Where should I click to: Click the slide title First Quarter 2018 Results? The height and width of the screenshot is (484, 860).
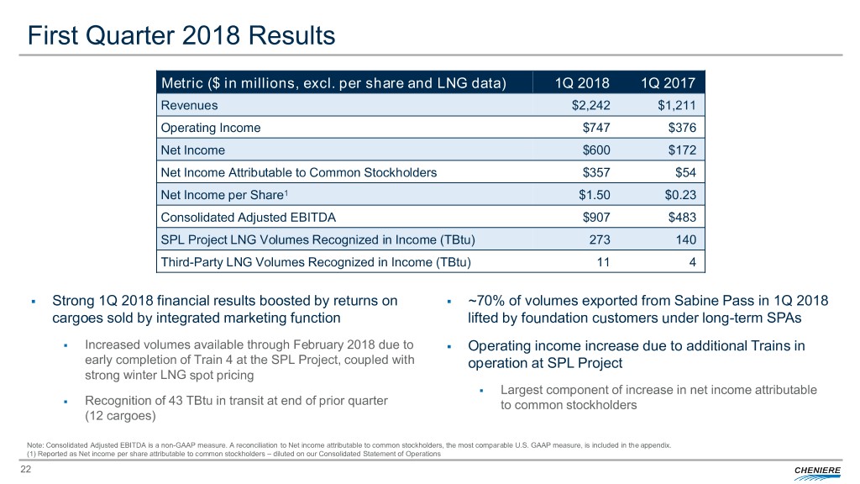tap(181, 36)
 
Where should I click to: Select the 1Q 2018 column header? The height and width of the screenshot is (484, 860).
tap(582, 82)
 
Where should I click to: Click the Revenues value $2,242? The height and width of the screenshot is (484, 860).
tap(590, 106)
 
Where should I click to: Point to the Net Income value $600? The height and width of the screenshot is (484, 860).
tap(595, 150)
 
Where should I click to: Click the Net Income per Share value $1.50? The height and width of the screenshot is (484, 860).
tap(591, 195)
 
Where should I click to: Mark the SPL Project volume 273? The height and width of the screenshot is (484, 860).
tap(599, 240)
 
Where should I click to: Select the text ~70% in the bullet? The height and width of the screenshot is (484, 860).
tap(485, 302)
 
